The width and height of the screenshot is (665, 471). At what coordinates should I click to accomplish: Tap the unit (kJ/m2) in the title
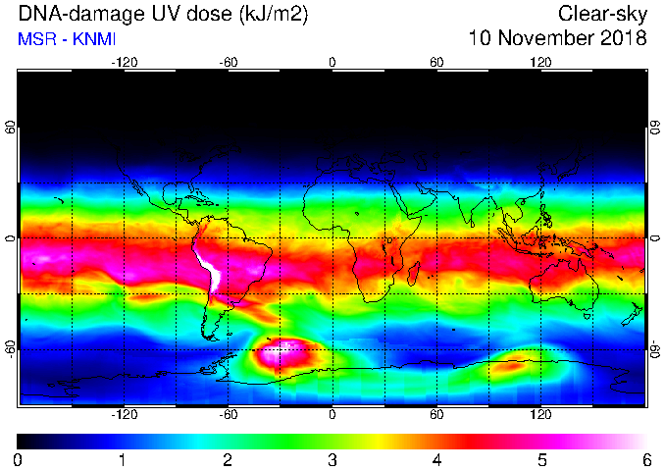273,15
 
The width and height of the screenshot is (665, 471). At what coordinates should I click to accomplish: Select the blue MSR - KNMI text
67,39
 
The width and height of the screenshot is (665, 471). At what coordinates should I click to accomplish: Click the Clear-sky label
602,15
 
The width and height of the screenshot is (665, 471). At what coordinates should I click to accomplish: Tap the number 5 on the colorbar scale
541,460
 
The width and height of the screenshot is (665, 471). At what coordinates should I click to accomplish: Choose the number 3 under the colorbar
332,460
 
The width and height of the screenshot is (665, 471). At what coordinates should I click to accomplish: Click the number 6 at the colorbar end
646,460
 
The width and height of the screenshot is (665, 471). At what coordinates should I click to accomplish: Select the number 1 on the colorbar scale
123,460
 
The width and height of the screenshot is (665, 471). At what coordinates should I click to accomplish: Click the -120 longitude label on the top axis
125,63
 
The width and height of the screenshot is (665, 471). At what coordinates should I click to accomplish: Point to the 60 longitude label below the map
436,414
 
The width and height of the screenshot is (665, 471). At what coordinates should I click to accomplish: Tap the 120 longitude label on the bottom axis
540,414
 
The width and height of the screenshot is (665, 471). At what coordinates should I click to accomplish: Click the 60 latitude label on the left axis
11,127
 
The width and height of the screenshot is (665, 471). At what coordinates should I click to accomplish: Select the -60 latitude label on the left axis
11,349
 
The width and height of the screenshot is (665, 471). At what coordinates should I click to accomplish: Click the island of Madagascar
414,273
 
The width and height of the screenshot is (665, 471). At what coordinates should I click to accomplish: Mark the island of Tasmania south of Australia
587,316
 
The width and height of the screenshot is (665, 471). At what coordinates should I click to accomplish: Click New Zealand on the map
633,314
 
